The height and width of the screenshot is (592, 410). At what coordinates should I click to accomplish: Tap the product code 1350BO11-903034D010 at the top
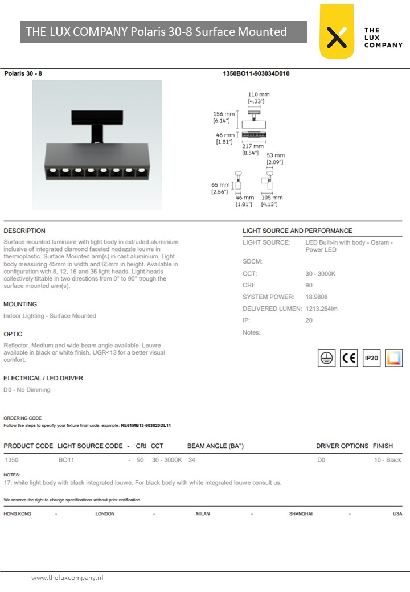(256, 73)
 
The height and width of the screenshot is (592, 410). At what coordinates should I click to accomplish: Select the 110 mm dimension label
(259, 94)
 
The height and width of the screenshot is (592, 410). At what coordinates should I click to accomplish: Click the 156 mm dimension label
(224, 114)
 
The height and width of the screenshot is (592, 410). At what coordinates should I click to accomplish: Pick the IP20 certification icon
(371, 358)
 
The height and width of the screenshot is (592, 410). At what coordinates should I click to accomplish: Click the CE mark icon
(348, 358)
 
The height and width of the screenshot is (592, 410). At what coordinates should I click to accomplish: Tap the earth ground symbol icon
(326, 358)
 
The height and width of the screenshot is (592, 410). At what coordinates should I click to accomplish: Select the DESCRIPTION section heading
(24, 231)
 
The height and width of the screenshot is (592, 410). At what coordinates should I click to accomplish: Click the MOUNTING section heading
(20, 305)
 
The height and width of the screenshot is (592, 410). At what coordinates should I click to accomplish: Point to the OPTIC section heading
(13, 334)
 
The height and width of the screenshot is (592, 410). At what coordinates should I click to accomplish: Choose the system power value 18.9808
(317, 297)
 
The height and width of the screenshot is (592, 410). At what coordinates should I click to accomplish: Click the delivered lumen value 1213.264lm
(322, 309)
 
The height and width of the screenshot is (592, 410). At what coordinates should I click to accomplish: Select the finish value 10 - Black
(387, 460)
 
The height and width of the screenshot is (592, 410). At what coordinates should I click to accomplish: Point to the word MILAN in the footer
(203, 514)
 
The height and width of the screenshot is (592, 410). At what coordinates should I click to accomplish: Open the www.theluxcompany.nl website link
(67, 578)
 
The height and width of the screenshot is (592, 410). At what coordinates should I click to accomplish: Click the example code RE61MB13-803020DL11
(146, 425)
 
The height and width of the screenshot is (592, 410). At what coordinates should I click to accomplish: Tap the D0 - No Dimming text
(27, 390)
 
